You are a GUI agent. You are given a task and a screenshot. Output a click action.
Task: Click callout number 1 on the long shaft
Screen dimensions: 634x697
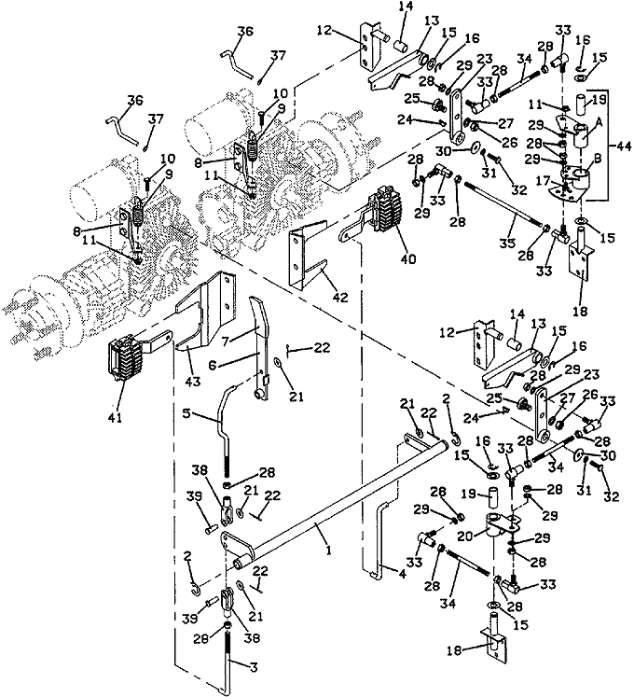pyautogui.click(x=328, y=550)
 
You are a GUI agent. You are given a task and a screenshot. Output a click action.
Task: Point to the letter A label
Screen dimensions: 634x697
pyautogui.click(x=598, y=125)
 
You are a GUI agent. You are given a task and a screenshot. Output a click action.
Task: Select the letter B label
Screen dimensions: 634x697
pyautogui.click(x=598, y=160)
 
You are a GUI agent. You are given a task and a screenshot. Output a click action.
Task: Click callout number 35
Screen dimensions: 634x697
pyautogui.click(x=508, y=243)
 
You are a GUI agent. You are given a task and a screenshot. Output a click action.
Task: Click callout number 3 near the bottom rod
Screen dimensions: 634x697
pyautogui.click(x=255, y=667)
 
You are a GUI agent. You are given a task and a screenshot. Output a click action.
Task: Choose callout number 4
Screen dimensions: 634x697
pyautogui.click(x=402, y=574)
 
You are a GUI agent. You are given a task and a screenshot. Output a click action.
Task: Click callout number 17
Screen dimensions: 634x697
pyautogui.click(x=543, y=182)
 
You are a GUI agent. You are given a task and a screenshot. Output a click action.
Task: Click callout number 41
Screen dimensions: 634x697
pyautogui.click(x=115, y=418)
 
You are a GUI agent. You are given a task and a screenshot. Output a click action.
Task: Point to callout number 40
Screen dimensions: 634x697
pyautogui.click(x=407, y=258)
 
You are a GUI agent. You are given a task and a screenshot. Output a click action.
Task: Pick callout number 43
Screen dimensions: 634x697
pyautogui.click(x=193, y=381)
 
